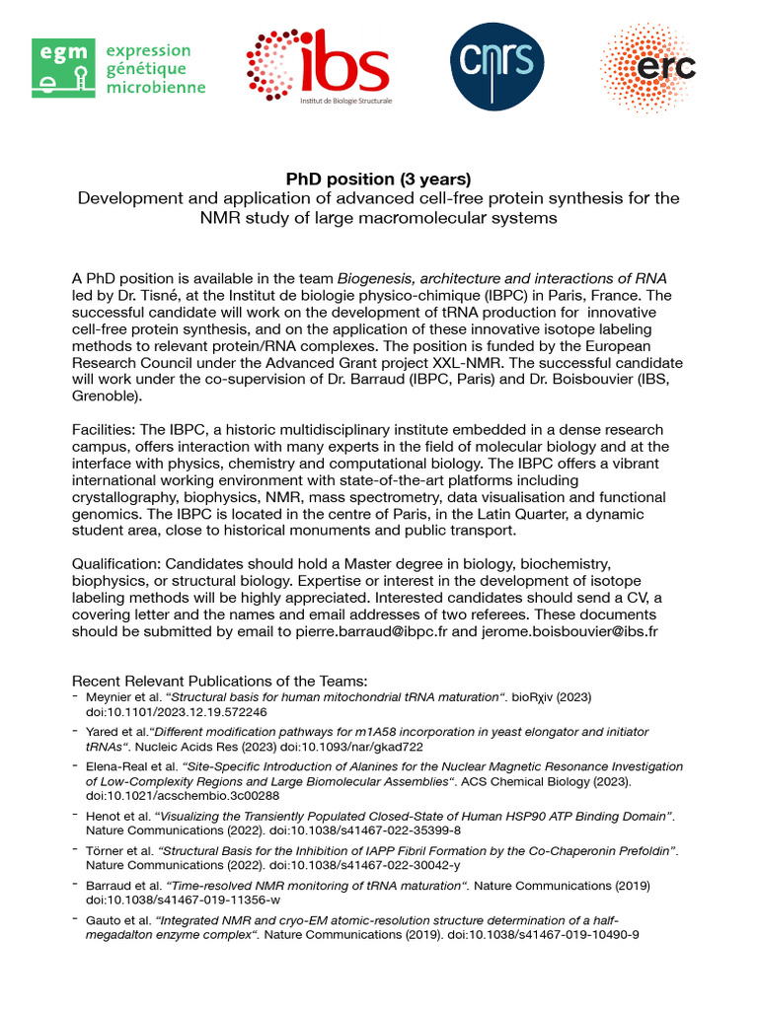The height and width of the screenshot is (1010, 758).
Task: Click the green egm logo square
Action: click(x=63, y=68)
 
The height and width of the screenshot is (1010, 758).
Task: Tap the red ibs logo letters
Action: click(x=351, y=63)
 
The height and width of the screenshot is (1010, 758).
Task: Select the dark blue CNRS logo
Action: click(x=495, y=66)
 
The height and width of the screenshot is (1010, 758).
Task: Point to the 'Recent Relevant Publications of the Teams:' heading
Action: click(x=219, y=682)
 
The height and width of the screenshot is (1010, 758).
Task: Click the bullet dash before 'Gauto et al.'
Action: click(x=76, y=919)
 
